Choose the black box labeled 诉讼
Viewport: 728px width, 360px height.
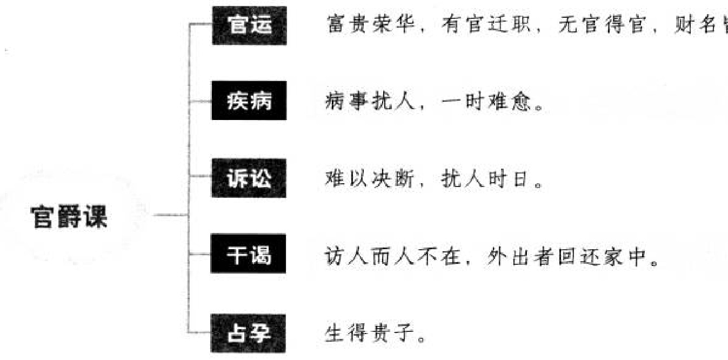(x=249, y=178)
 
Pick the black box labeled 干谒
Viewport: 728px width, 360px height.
(x=249, y=255)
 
